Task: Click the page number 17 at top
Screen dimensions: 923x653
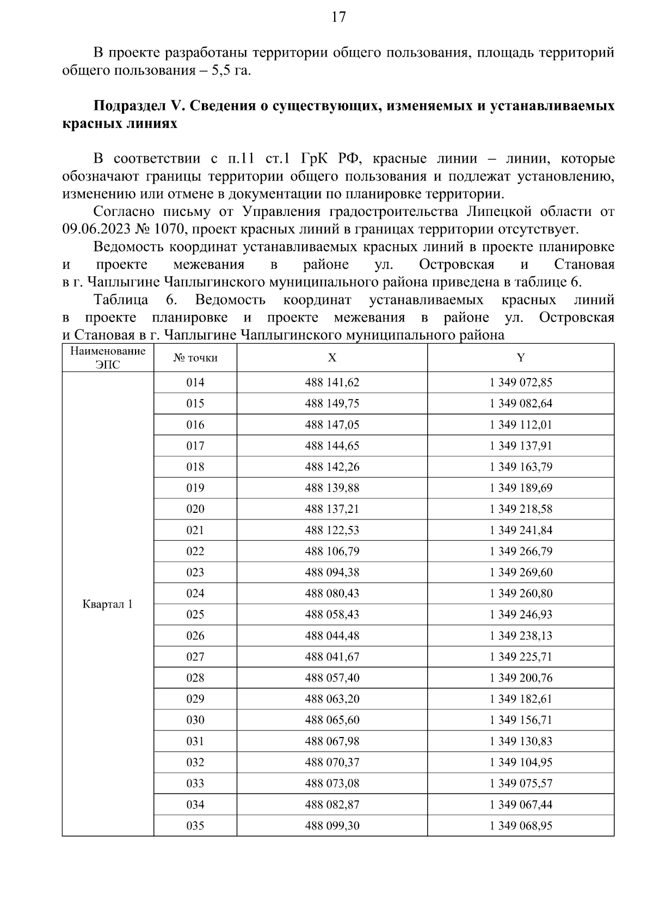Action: point(338,17)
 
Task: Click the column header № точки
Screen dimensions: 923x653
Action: point(195,357)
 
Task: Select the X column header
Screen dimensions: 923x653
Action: point(332,357)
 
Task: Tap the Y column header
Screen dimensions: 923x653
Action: point(521,357)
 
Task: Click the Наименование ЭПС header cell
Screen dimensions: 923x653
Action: point(108,357)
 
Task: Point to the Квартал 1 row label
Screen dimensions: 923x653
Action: point(108,604)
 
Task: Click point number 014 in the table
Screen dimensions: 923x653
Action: point(195,382)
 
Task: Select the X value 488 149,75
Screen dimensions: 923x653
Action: point(332,404)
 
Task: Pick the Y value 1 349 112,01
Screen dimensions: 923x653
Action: point(521,425)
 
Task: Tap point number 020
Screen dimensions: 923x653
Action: point(195,509)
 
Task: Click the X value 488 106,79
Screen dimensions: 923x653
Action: point(332,552)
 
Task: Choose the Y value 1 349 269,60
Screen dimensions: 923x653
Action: point(521,572)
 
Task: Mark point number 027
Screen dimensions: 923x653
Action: point(195,657)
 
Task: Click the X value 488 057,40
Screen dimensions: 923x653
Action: point(332,678)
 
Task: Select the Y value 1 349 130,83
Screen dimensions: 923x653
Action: point(521,741)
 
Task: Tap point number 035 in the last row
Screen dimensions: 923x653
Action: point(195,826)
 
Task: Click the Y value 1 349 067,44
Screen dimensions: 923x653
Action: point(521,804)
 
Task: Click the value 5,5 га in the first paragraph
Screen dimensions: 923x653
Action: point(231,71)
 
